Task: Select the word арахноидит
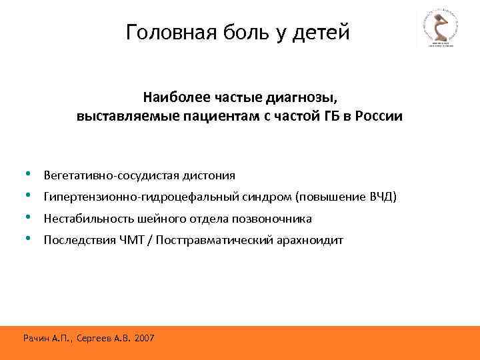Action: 310,240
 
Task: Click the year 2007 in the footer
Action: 144,339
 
